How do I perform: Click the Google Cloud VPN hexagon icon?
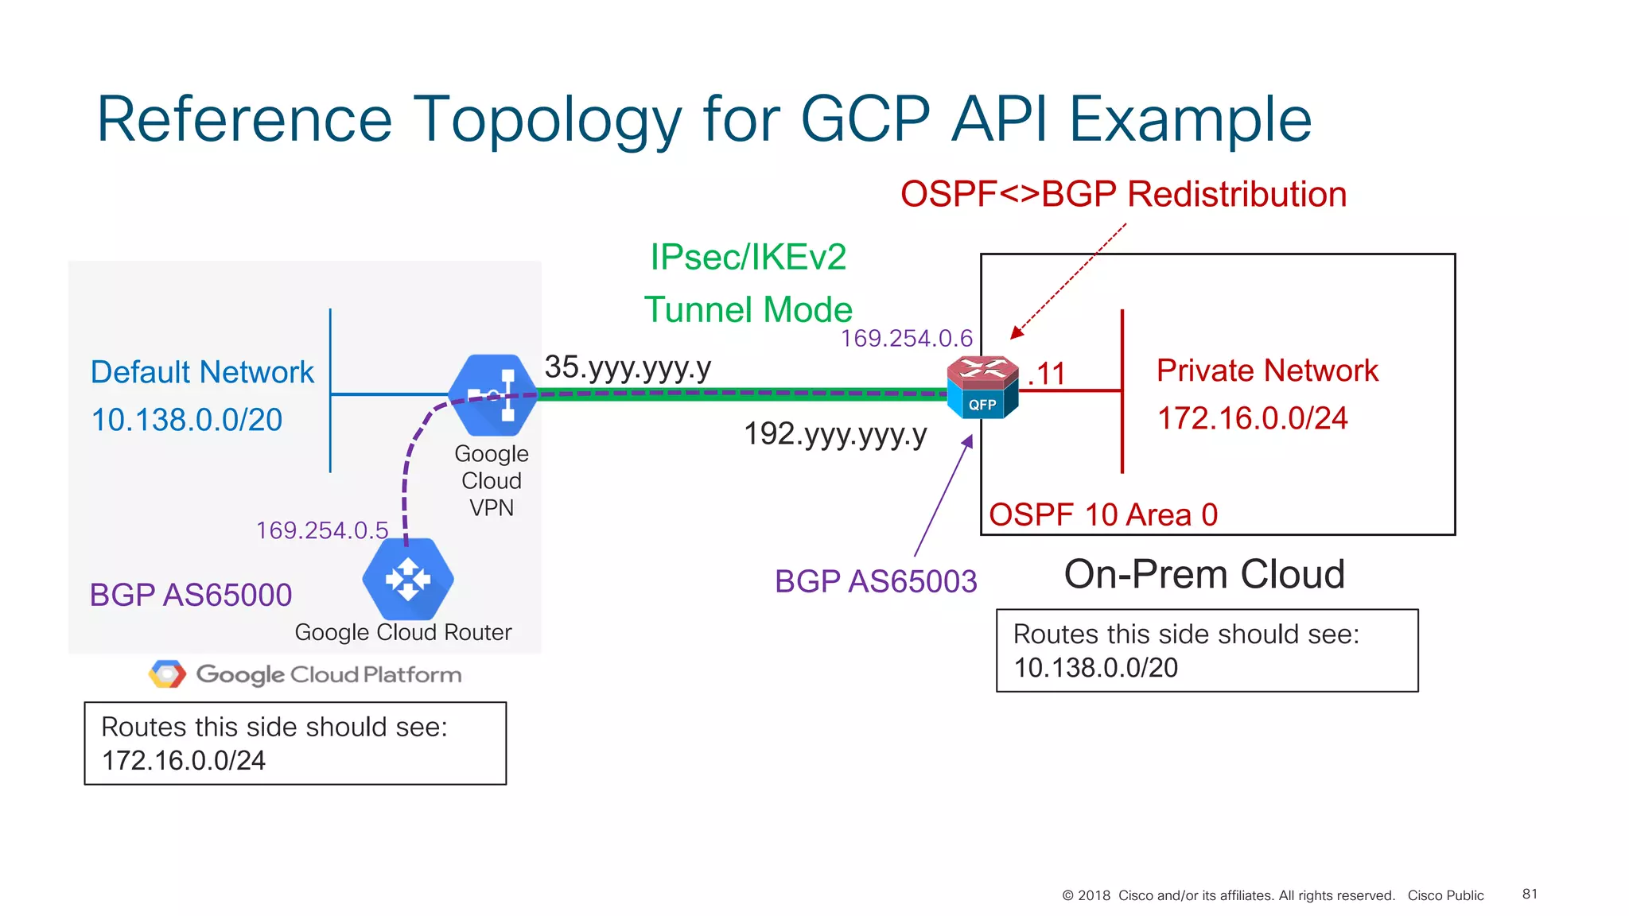pyautogui.click(x=493, y=394)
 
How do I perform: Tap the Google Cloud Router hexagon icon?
pyautogui.click(x=408, y=579)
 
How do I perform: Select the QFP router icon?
pyautogui.click(x=982, y=387)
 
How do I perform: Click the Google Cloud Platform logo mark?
pyautogui.click(x=167, y=674)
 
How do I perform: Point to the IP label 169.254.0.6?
pyautogui.click(x=906, y=339)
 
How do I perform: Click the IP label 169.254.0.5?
pyautogui.click(x=321, y=530)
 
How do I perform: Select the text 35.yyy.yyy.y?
pyautogui.click(x=628, y=367)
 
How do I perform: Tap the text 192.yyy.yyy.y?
pyautogui.click(x=835, y=434)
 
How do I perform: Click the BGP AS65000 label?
pyautogui.click(x=191, y=595)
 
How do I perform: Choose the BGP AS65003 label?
pyautogui.click(x=876, y=581)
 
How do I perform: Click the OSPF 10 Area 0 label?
pyautogui.click(x=1103, y=515)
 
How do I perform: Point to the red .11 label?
pyautogui.click(x=1047, y=375)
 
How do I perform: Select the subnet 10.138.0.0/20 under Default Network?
pyautogui.click(x=187, y=420)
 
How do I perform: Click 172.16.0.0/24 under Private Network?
pyautogui.click(x=1252, y=418)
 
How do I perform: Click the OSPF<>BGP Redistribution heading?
pyautogui.click(x=1123, y=195)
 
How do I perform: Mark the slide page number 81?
pyautogui.click(x=1530, y=894)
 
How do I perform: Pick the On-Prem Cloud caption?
pyautogui.click(x=1204, y=574)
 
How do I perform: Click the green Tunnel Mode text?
pyautogui.click(x=748, y=310)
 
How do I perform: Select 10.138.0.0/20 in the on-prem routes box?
pyautogui.click(x=1095, y=668)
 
